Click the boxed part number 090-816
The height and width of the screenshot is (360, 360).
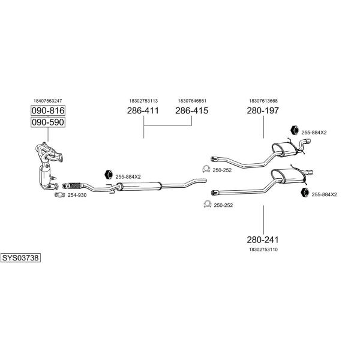[x=48, y=111]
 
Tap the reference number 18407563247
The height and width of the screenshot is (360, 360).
[x=47, y=101]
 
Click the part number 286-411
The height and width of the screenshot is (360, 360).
[x=143, y=111]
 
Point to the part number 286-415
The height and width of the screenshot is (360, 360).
[x=191, y=111]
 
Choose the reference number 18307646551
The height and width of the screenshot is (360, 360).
[x=192, y=101]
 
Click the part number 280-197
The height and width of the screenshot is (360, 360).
[x=263, y=111]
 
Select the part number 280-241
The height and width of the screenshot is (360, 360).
[x=263, y=238]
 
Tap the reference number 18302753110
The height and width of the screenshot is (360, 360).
[x=263, y=248]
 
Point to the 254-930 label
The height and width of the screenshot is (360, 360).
[x=77, y=195]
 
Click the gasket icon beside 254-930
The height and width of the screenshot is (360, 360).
[x=59, y=194]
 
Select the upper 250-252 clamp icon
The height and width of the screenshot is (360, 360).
[x=205, y=169]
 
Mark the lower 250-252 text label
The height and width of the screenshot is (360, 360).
[x=223, y=205]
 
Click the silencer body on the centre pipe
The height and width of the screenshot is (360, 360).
[x=144, y=188]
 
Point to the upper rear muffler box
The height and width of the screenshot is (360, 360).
[x=282, y=146]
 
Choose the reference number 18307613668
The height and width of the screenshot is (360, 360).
[x=263, y=101]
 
